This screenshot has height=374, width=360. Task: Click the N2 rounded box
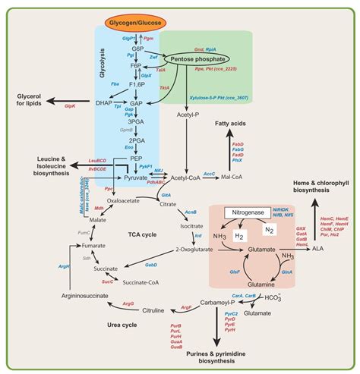click(269, 230)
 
